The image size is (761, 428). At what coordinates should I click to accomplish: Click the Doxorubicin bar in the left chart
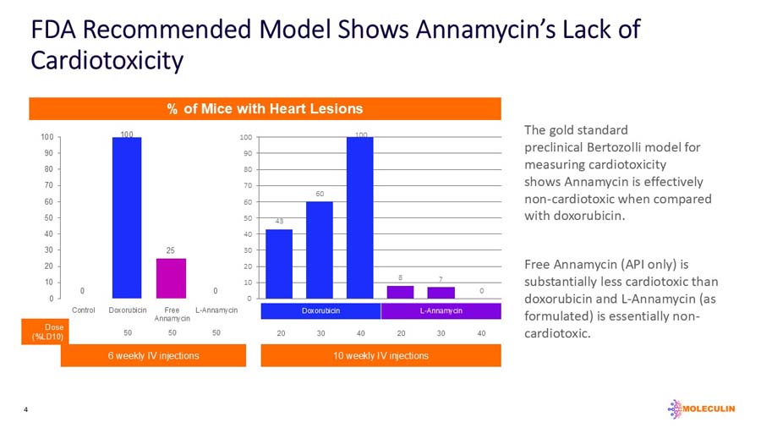tap(127, 217)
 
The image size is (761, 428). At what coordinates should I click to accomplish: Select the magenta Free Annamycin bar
tap(171, 278)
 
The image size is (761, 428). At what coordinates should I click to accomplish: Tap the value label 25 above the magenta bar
tap(171, 250)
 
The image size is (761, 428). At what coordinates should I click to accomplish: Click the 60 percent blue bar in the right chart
tap(319, 250)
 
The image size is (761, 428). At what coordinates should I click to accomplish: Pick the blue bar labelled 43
tap(279, 264)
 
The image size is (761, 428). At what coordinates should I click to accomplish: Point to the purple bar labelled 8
tap(400, 292)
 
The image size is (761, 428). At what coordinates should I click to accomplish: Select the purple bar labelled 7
tap(441, 293)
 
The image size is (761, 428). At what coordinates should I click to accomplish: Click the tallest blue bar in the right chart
tap(359, 217)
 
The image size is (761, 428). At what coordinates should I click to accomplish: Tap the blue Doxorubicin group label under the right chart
tap(320, 311)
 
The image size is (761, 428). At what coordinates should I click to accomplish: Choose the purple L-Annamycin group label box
tap(441, 311)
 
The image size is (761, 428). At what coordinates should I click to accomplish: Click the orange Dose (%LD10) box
tap(47, 332)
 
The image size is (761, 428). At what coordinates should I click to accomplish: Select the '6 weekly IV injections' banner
tap(154, 356)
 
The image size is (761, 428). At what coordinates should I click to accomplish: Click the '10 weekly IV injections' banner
tap(380, 356)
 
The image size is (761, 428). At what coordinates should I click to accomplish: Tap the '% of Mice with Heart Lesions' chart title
tap(265, 108)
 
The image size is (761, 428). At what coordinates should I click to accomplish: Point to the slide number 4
tap(26, 410)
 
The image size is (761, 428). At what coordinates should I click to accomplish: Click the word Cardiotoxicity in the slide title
tap(107, 61)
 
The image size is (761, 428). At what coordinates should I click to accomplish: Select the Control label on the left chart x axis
tap(83, 310)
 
